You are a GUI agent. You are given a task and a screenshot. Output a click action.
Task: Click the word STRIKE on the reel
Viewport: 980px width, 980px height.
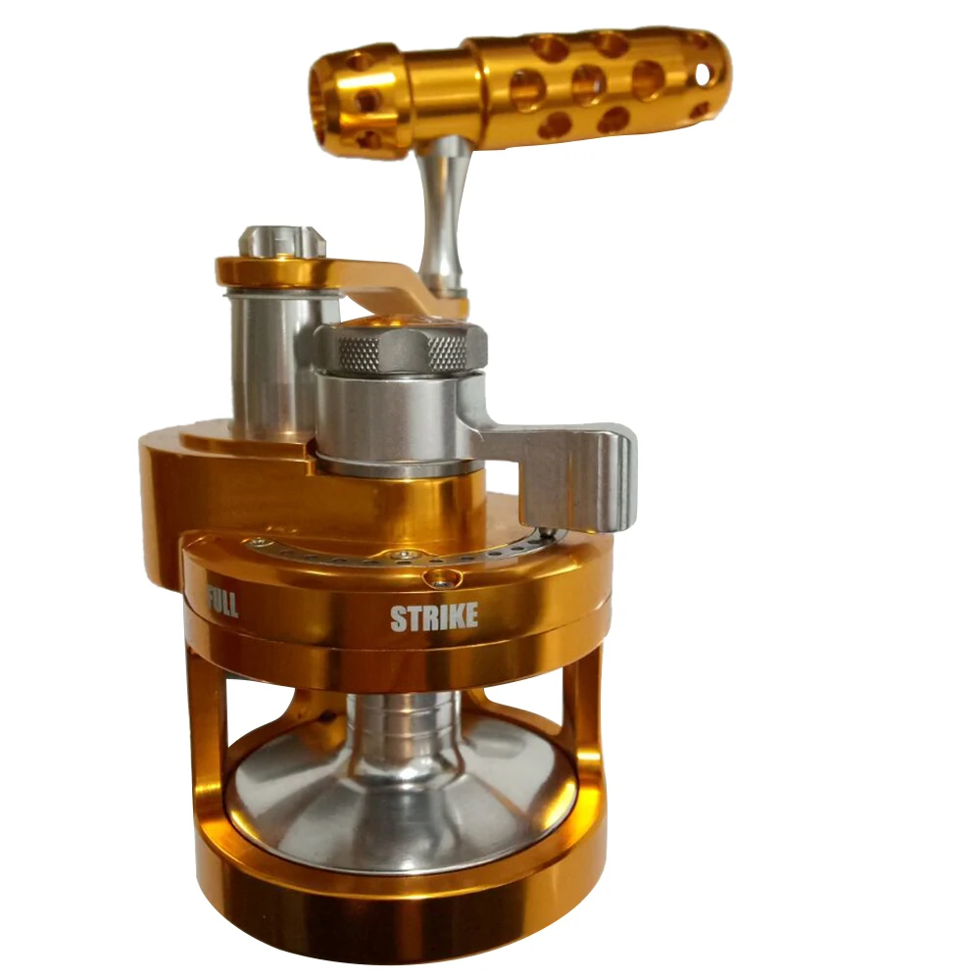coord(434,616)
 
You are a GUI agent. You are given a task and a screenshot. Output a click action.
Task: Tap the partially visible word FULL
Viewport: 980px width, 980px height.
coord(221,601)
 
